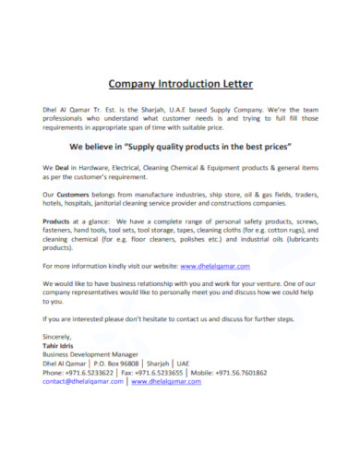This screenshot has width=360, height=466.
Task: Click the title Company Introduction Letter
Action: pos(180,84)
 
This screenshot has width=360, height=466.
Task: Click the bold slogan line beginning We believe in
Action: pos(180,146)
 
